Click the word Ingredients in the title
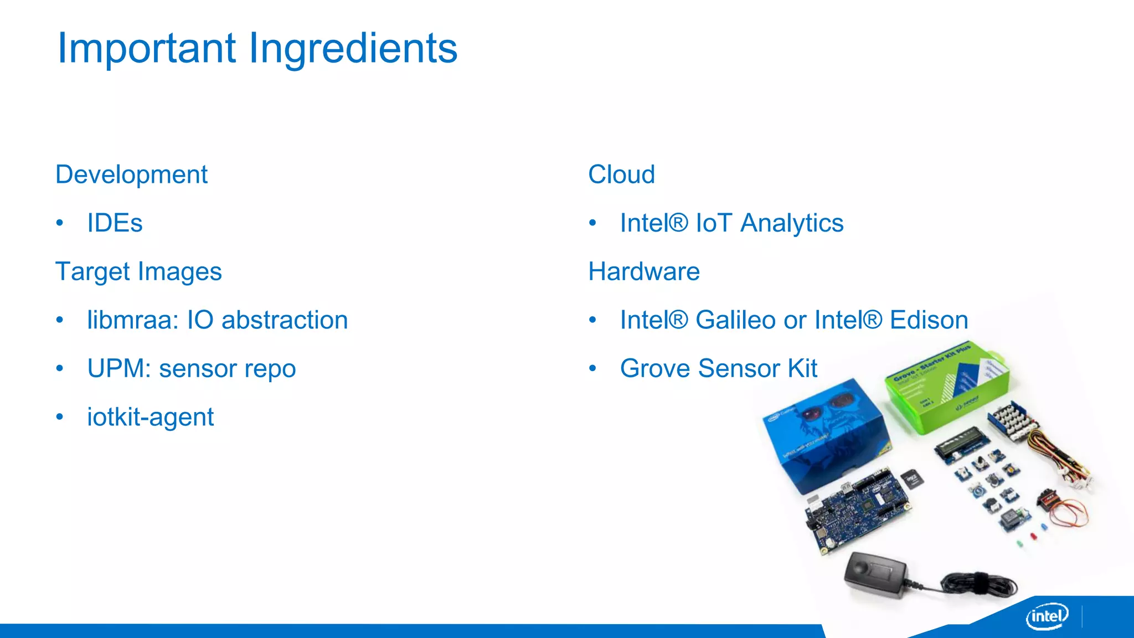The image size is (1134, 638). click(353, 49)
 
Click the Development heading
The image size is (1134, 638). click(131, 175)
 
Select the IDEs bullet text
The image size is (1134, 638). click(115, 223)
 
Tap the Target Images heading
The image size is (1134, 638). click(138, 272)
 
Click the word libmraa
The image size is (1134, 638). click(130, 320)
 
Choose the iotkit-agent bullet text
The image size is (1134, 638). click(150, 417)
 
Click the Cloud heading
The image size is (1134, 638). click(621, 175)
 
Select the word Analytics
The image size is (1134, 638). click(792, 223)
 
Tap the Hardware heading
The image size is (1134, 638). click(643, 272)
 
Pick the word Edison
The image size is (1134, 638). click(929, 320)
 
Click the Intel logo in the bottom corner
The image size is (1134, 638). click(1047, 616)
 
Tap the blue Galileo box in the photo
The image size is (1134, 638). click(825, 432)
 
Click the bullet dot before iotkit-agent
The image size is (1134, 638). click(60, 417)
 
